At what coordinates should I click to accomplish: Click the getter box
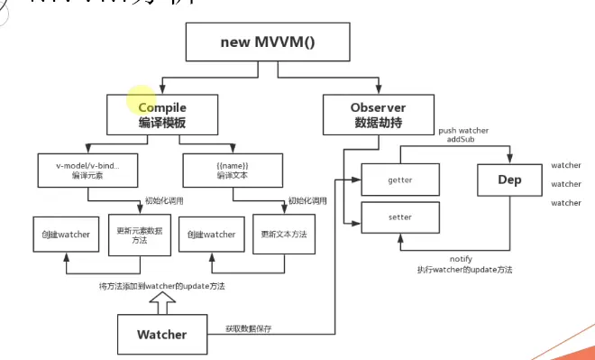399,180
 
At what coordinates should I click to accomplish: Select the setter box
399,217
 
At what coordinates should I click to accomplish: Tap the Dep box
509,180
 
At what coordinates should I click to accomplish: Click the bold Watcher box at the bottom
162,335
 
